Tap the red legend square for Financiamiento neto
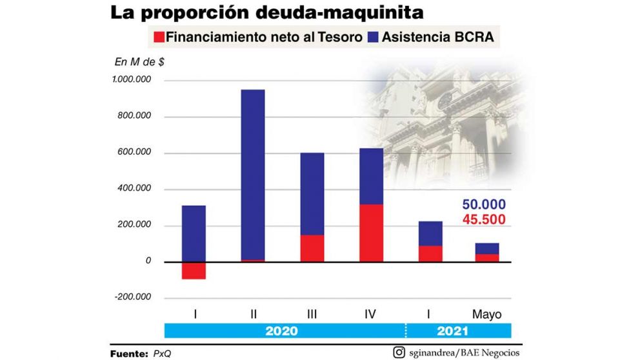[159, 37]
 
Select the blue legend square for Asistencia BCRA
[373, 37]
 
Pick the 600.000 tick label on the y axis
[133, 153]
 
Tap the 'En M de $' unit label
[139, 62]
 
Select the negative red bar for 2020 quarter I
[194, 270]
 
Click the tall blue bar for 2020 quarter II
[252, 174]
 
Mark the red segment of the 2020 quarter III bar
[312, 248]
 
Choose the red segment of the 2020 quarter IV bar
[371, 233]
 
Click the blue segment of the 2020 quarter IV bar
[371, 176]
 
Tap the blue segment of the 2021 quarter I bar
[430, 234]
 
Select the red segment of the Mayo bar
[487, 258]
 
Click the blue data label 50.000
[484, 205]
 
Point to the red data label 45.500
[484, 220]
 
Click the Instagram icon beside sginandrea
[399, 352]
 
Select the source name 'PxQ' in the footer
[162, 353]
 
